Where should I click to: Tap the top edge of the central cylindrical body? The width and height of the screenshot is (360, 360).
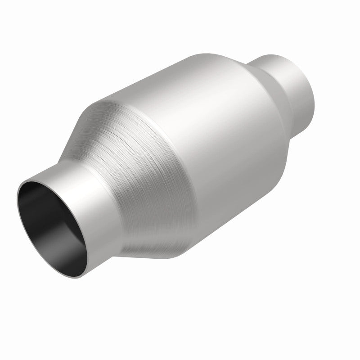tap(180, 58)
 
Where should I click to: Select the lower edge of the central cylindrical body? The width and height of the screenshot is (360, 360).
tap(234, 211)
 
